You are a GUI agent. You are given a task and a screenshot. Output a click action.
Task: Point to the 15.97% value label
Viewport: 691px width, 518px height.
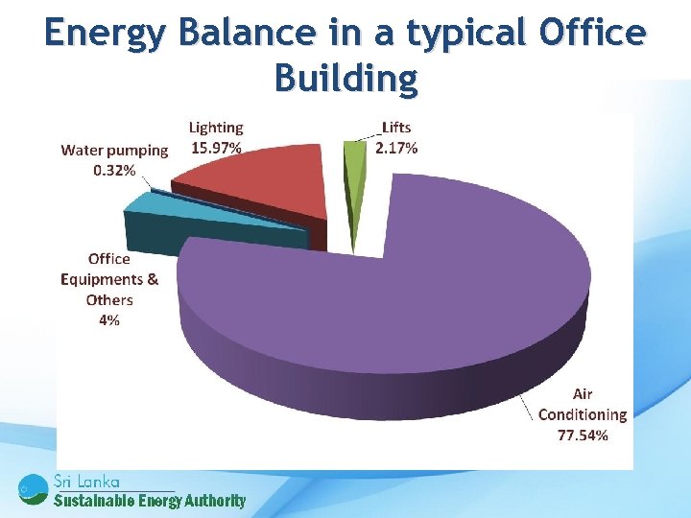click(x=216, y=147)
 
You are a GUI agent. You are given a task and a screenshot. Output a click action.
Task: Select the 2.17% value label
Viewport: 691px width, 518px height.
click(x=396, y=147)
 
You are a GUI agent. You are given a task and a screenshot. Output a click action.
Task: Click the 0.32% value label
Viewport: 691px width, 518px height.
click(x=114, y=170)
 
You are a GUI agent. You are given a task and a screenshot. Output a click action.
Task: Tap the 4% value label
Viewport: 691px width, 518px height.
click(x=109, y=320)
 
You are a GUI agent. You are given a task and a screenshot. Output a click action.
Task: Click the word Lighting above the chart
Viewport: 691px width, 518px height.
click(x=216, y=128)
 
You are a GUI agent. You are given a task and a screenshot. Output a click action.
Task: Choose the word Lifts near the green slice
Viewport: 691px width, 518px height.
click(x=396, y=128)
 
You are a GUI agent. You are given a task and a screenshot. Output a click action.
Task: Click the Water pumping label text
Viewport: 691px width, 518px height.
click(x=114, y=150)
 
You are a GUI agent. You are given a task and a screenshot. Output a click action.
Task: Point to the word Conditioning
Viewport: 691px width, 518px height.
click(x=583, y=414)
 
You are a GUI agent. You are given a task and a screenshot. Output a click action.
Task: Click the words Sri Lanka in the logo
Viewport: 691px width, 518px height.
click(x=87, y=481)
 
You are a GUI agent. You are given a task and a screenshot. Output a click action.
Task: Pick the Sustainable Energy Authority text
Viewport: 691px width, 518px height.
click(x=149, y=500)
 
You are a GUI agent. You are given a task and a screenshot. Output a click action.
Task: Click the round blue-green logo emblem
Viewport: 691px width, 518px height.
click(x=33, y=489)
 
